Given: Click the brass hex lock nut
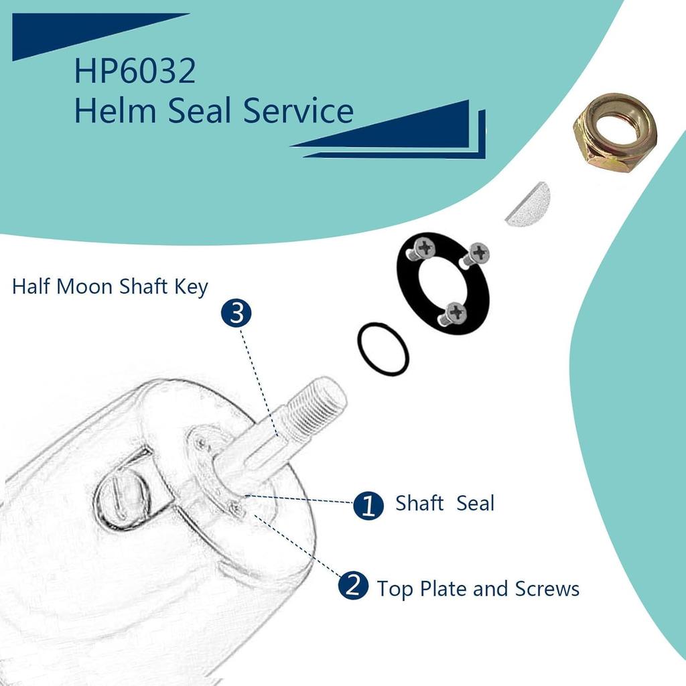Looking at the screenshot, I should coord(614,134).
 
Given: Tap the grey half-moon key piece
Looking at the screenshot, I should coord(527,204).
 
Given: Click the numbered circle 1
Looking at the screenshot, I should coord(368,505).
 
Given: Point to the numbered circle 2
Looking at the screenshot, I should coord(353,587).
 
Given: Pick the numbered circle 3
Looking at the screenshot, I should coord(236,314).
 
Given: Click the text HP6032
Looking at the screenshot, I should coord(135,72).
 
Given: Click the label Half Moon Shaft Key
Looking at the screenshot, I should coord(110,287).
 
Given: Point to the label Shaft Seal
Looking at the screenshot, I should coord(444,503).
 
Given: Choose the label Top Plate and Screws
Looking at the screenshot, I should coord(478,589).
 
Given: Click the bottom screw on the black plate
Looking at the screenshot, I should coord(455,312).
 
